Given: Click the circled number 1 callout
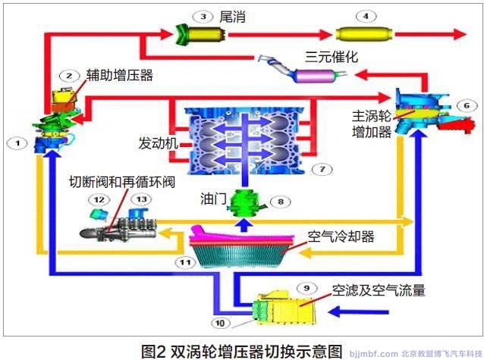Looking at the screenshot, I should point(17,141).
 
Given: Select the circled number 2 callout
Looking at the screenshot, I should point(69,76).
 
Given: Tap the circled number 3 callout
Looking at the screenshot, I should point(203,15).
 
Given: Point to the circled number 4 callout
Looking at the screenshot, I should point(367,15).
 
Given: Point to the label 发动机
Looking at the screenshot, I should point(157,142).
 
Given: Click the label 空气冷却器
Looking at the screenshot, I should point(341,236).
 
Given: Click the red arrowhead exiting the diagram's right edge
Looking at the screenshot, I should point(460,35).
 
